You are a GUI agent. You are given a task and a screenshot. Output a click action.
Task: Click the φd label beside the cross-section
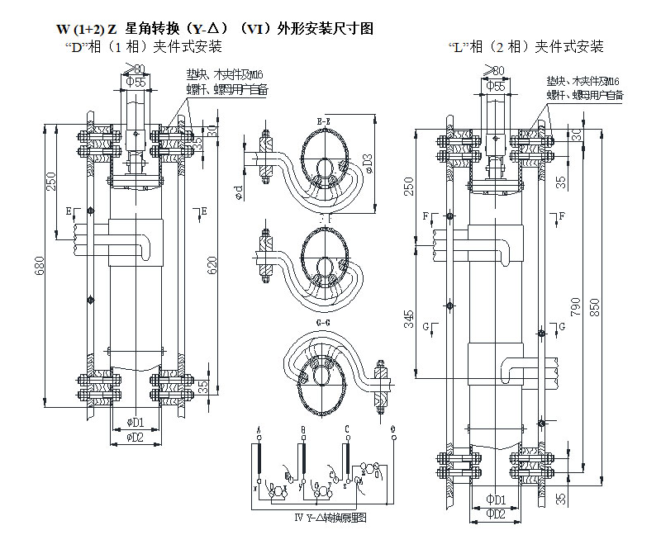click(x=238, y=192)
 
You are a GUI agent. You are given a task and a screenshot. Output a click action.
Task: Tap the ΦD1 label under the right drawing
click(x=496, y=500)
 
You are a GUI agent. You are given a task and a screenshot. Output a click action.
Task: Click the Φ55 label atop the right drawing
click(x=496, y=85)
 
